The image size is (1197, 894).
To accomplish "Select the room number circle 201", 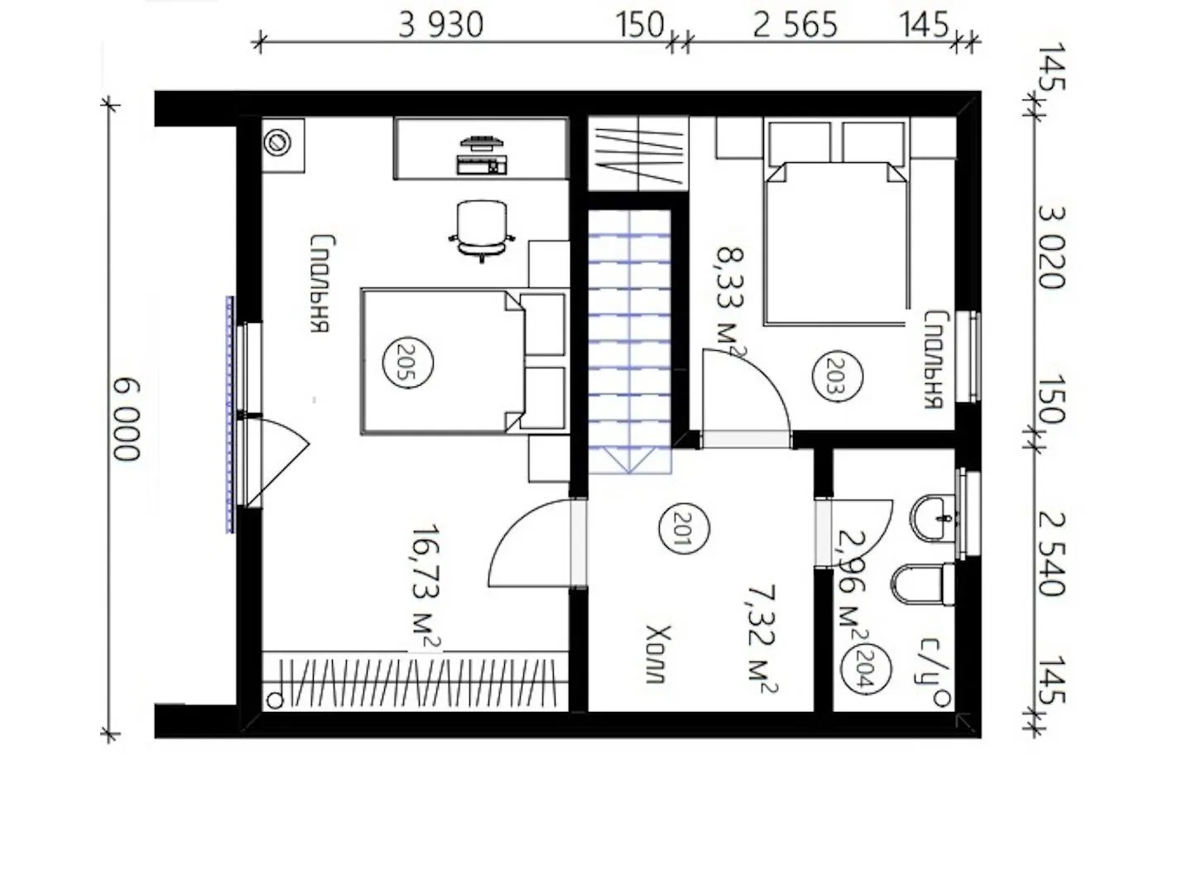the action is tap(683, 528).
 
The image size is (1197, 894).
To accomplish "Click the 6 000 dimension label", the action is tap(127, 420).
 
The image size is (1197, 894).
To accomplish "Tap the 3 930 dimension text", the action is tap(440, 25).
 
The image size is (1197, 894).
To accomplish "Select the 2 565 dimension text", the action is tap(795, 25).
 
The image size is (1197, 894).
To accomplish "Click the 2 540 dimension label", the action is tap(1050, 555).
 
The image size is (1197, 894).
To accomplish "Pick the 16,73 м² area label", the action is tap(425, 589).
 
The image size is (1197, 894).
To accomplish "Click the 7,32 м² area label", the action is tap(760, 638).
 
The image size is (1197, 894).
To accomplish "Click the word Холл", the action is tap(658, 655).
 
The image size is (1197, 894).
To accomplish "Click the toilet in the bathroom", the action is tap(922, 585).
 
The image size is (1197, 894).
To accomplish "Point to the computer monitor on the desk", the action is tap(482, 143).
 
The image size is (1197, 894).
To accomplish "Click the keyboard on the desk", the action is tap(482, 166).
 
